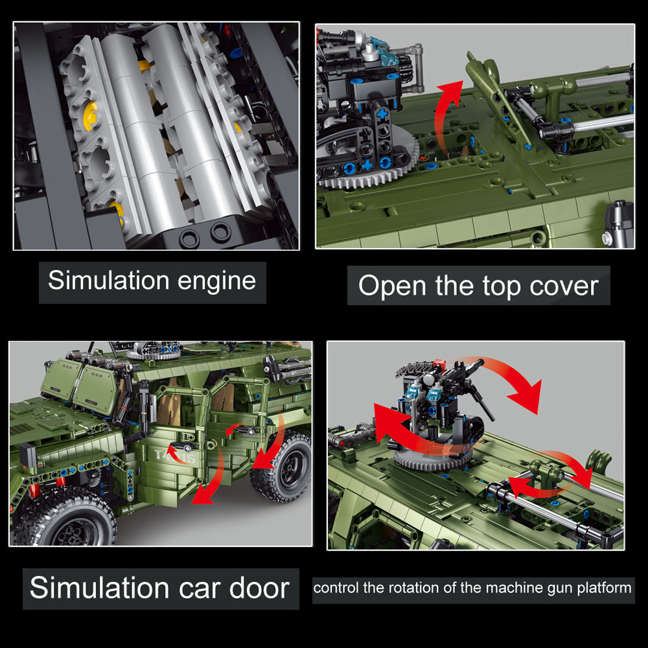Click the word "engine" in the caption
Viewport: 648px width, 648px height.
pos(216,282)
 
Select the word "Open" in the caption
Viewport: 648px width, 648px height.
pos(392,286)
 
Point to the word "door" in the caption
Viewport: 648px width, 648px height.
pos(259,588)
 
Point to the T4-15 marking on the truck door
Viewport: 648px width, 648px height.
pos(175,456)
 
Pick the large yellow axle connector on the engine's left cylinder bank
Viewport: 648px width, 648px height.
pos(91,116)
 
